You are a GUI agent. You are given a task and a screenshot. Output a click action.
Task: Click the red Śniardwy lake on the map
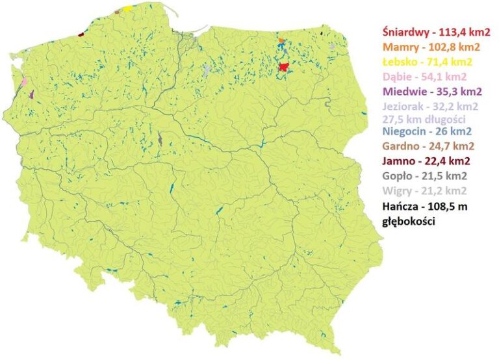click(x=284, y=66)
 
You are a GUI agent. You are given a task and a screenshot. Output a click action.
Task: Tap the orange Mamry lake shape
click(x=281, y=41)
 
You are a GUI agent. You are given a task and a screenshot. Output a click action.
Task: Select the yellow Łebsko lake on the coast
click(x=128, y=8)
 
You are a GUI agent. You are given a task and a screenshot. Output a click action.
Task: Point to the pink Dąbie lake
click(x=24, y=83)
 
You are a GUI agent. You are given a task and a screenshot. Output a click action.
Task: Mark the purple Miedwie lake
click(x=31, y=95)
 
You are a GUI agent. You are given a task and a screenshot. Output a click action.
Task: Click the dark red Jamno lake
click(x=81, y=34)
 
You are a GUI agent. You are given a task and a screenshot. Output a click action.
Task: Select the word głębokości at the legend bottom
click(x=408, y=221)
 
